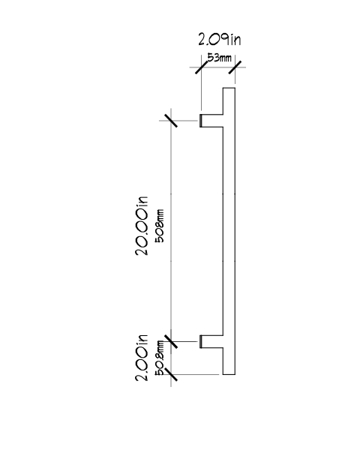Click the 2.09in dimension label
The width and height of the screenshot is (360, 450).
pyautogui.click(x=220, y=39)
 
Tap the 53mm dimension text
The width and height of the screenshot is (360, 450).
pyautogui.click(x=219, y=58)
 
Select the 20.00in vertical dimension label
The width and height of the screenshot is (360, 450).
pyautogui.click(x=142, y=226)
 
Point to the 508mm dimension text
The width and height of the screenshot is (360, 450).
pyautogui.click(x=160, y=226)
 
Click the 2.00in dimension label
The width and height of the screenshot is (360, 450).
pyautogui.click(x=142, y=358)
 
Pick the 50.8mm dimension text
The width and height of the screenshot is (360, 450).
pyautogui.click(x=160, y=358)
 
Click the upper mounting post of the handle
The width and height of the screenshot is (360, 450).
pyautogui.click(x=211, y=121)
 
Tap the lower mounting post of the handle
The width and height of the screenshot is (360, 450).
pyautogui.click(x=211, y=341)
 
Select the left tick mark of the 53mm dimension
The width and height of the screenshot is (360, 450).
pyautogui.click(x=201, y=67)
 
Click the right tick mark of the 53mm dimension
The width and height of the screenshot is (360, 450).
pyautogui.click(x=235, y=67)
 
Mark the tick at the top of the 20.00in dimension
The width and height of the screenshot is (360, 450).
pyautogui.click(x=171, y=121)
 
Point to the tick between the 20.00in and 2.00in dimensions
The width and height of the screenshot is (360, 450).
pyautogui.click(x=171, y=341)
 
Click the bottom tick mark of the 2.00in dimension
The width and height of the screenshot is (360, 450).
pyautogui.click(x=171, y=374)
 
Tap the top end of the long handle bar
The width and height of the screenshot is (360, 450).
pyautogui.click(x=229, y=88)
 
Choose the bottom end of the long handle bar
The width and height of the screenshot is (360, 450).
pyautogui.click(x=229, y=374)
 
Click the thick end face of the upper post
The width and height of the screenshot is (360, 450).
pyautogui.click(x=200, y=121)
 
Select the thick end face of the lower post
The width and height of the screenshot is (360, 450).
pyautogui.click(x=200, y=341)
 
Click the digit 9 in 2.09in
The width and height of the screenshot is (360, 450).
pyautogui.click(x=225, y=39)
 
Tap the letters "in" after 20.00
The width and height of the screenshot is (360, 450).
pyautogui.click(x=142, y=202)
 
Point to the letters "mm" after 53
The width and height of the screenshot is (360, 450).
pyautogui.click(x=225, y=58)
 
